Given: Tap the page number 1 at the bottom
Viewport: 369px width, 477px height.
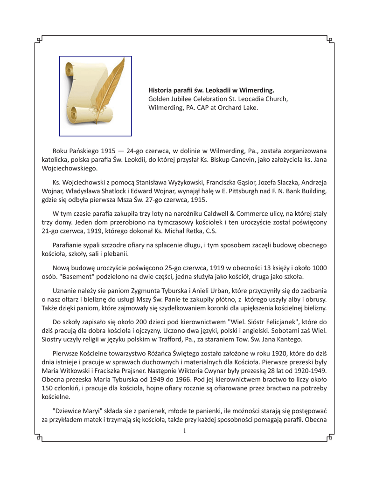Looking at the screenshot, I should tap(184, 431).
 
